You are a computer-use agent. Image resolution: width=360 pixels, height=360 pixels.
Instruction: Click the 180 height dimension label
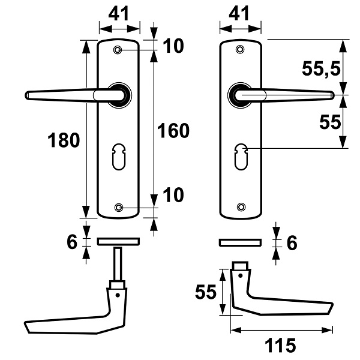point(64,140)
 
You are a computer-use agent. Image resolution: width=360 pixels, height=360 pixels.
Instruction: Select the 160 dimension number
point(173,131)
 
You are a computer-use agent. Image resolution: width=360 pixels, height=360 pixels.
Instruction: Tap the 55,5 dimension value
point(321,68)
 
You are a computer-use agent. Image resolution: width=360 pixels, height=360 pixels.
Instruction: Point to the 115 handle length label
point(280,345)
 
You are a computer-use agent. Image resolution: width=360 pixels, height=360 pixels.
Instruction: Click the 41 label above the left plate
point(119,14)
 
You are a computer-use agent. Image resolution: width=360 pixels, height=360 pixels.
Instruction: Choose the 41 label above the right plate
point(239,14)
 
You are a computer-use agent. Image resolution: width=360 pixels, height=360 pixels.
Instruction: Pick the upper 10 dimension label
point(173,46)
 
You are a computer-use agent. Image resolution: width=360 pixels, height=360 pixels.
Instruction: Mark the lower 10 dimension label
point(173,195)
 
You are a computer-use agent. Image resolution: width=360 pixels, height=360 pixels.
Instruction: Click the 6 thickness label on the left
point(72,242)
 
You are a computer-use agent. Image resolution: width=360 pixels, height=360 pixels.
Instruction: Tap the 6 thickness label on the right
point(292,242)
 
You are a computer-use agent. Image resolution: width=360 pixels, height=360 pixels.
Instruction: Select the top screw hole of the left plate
point(118,50)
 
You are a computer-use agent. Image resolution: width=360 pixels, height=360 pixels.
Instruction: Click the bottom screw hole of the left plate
point(118,208)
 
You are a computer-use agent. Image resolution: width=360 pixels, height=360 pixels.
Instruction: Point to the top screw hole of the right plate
point(240,49)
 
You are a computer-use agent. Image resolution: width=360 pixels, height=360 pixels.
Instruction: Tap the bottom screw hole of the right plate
point(241,207)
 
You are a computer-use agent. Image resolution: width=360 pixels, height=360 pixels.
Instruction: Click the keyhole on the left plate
point(119,157)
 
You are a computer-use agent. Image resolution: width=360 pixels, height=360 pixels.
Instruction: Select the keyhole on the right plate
point(241,157)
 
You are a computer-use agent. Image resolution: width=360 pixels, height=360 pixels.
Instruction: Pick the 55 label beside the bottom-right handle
point(206,292)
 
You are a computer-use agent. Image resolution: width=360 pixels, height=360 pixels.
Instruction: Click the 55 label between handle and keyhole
point(330,122)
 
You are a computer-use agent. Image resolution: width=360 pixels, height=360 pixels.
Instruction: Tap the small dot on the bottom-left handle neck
point(118,295)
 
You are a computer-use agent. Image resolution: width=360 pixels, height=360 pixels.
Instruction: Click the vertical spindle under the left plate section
point(118,264)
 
